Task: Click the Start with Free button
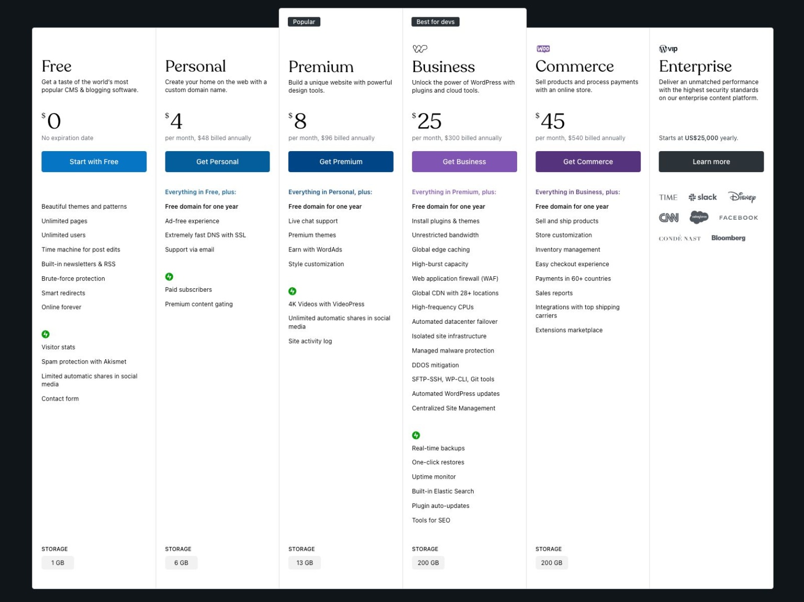click(x=94, y=162)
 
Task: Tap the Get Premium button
click(x=341, y=162)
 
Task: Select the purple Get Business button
click(x=464, y=162)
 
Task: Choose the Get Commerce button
click(x=588, y=162)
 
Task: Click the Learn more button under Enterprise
click(x=711, y=162)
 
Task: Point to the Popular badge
click(x=304, y=22)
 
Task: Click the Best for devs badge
click(x=435, y=22)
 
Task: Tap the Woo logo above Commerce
click(x=543, y=49)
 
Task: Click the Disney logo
click(x=742, y=197)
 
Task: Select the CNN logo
click(x=668, y=218)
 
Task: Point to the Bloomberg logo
click(x=728, y=238)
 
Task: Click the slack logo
click(x=702, y=197)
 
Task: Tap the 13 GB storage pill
click(x=305, y=562)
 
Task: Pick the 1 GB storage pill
click(x=58, y=562)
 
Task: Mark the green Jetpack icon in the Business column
click(x=416, y=435)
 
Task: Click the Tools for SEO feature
click(x=431, y=520)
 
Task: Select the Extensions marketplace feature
click(x=569, y=330)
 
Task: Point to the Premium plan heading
click(x=321, y=66)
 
